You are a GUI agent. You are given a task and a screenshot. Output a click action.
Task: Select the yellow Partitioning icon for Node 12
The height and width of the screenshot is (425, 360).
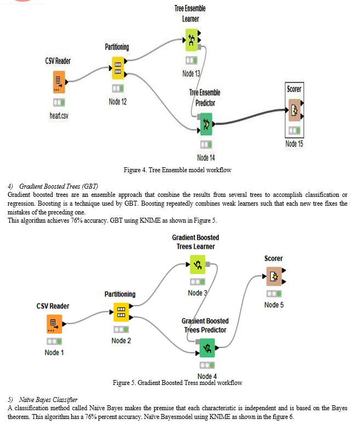click(x=117, y=68)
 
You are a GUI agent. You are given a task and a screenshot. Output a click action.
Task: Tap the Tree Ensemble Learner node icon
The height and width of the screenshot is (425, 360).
click(x=191, y=39)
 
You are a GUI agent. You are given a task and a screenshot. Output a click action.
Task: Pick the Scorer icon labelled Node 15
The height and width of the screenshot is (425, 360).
click(x=294, y=110)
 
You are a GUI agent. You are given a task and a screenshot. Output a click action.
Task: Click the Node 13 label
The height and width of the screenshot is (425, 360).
click(x=191, y=73)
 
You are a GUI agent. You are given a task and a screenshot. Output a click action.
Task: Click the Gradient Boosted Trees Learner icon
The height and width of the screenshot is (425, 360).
click(x=198, y=265)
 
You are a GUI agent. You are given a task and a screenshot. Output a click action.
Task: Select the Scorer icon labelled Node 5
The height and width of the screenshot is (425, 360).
click(x=274, y=277)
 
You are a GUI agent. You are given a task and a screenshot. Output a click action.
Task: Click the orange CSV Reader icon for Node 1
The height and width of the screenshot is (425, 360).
click(x=54, y=324)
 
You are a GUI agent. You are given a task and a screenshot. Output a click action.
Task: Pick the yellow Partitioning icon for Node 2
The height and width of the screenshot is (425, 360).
click(x=121, y=312)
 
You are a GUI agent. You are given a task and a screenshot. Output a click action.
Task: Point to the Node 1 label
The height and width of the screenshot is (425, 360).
click(x=54, y=352)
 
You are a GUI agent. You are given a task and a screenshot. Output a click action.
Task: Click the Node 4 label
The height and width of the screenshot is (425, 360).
click(x=207, y=376)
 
